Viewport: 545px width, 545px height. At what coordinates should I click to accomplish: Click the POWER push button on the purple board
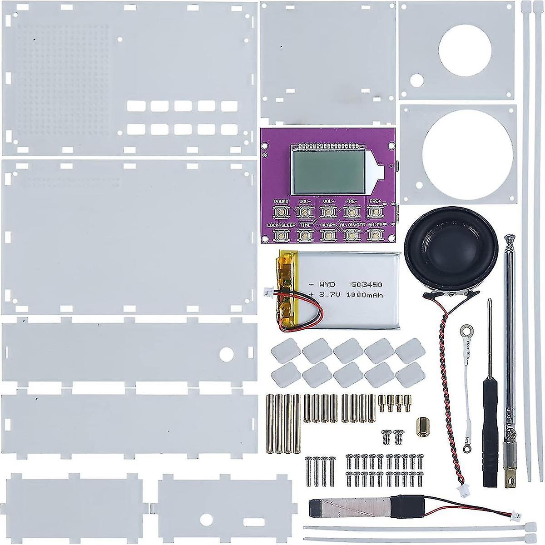click(x=281, y=211)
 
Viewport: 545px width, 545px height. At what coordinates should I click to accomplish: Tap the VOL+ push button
click(x=327, y=211)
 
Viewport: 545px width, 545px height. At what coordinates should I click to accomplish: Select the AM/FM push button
click(x=374, y=235)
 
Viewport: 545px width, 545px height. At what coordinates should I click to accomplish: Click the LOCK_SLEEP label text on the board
click(x=281, y=225)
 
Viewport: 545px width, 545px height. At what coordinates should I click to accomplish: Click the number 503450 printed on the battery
click(x=367, y=285)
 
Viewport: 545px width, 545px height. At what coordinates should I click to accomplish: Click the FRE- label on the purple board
click(x=351, y=201)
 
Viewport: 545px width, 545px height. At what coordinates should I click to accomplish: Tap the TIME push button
click(x=304, y=235)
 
